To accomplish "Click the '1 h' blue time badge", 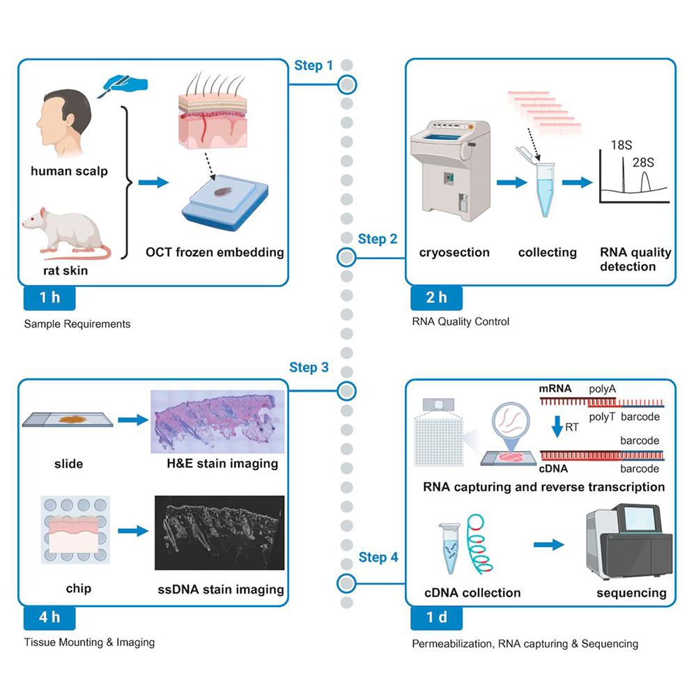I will pyautogui.click(x=49, y=298).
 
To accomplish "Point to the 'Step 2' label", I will pyautogui.click(x=378, y=239).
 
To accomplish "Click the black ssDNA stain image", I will pyautogui.click(x=219, y=532).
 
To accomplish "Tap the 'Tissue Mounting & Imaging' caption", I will pyautogui.click(x=88, y=642).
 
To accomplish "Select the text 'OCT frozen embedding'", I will pyautogui.click(x=215, y=252).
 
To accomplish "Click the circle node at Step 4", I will pyautogui.click(x=346, y=582).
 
